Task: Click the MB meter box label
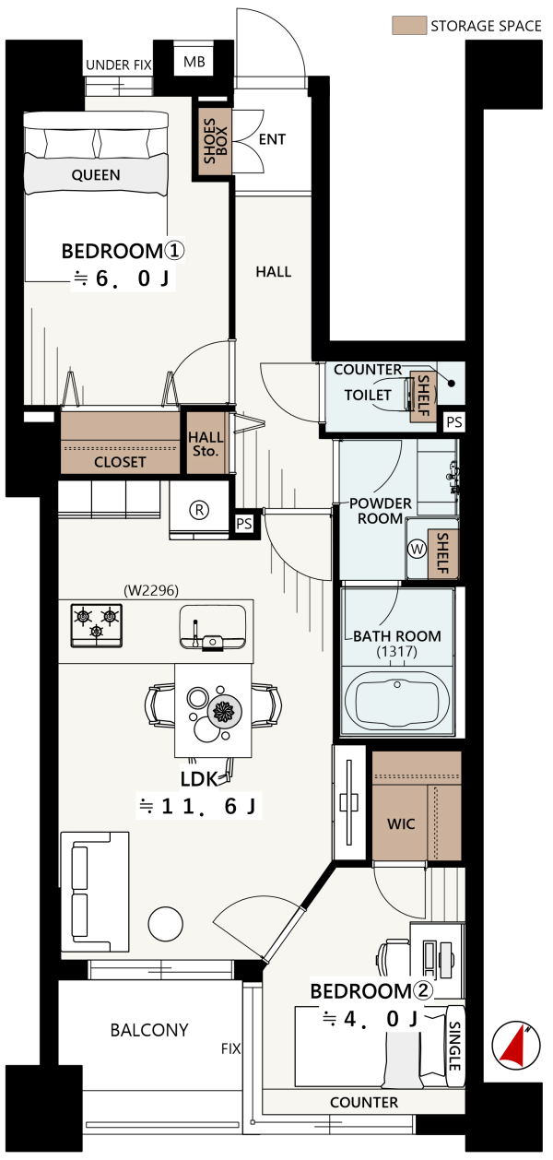coord(194,62)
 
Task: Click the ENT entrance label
coord(272,139)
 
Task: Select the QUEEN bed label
coord(96,175)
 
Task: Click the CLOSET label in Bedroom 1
coord(120,462)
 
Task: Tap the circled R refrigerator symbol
coord(199,510)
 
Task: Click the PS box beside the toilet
coord(454,422)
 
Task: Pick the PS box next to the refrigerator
coord(244,523)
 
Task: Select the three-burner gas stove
coord(96,625)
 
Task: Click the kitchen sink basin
coord(212,627)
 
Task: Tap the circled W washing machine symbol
coord(417,549)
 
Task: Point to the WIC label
coord(401,824)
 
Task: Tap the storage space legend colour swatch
coord(409,26)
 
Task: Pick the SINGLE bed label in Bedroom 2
coord(454,1045)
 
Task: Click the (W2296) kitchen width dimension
coord(151,590)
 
